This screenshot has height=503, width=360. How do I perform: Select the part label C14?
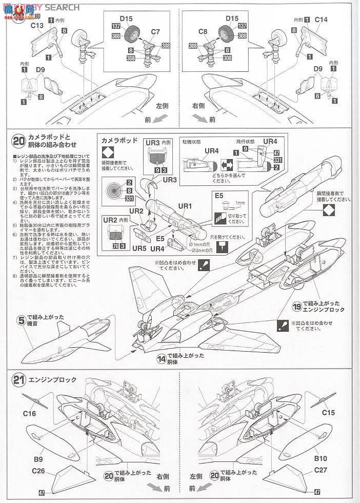(321, 20)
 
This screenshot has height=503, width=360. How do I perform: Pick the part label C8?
(202, 32)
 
